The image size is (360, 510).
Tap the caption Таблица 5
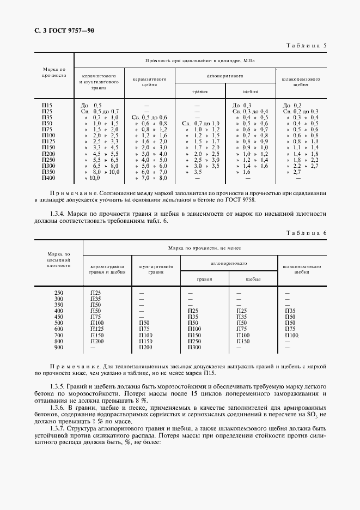tap(306, 46)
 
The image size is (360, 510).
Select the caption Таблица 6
tap(306, 233)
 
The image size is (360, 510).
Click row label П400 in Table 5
tap(48, 178)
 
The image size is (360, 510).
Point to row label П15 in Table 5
tap(47, 105)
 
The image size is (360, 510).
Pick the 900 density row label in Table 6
tap(59, 347)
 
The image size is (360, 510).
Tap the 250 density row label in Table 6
tap(59, 293)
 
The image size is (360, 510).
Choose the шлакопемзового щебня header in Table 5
tap(301, 82)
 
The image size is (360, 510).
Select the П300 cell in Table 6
tap(194, 347)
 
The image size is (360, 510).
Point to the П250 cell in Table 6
tap(194, 341)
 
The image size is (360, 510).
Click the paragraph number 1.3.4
tap(59, 213)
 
